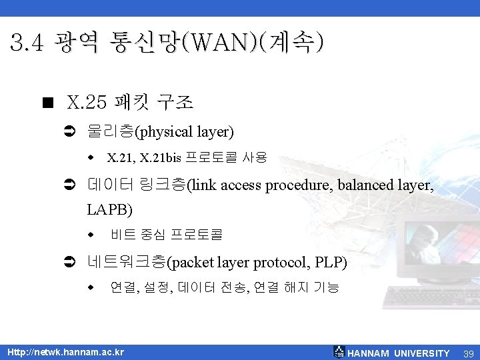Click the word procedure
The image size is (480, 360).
297,185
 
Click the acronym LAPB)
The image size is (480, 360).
110,210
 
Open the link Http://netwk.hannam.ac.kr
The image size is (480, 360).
65,352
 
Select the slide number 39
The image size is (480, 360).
468,353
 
